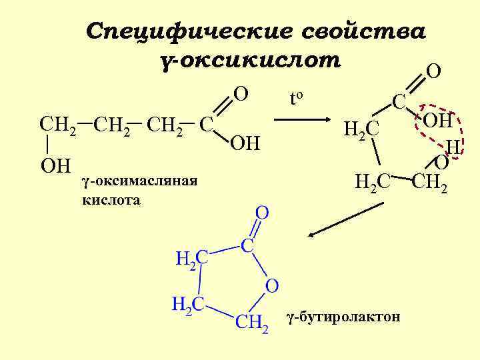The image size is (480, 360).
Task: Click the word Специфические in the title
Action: pyautogui.click(x=189, y=31)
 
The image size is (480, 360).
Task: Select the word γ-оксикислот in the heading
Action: pyautogui.click(x=251, y=61)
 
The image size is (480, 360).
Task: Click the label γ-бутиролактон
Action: pyautogui.click(x=343, y=317)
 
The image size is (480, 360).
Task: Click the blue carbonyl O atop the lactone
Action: pyautogui.click(x=262, y=213)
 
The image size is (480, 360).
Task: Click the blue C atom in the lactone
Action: pyautogui.click(x=247, y=245)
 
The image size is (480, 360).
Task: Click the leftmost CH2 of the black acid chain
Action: pyautogui.click(x=57, y=124)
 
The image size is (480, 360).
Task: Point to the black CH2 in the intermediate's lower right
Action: pyautogui.click(x=430, y=181)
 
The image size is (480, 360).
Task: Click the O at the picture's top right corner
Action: pyautogui.click(x=433, y=71)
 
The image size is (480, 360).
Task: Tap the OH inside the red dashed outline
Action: pyautogui.click(x=437, y=122)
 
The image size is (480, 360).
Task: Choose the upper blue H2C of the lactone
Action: pyautogui.click(x=192, y=258)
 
